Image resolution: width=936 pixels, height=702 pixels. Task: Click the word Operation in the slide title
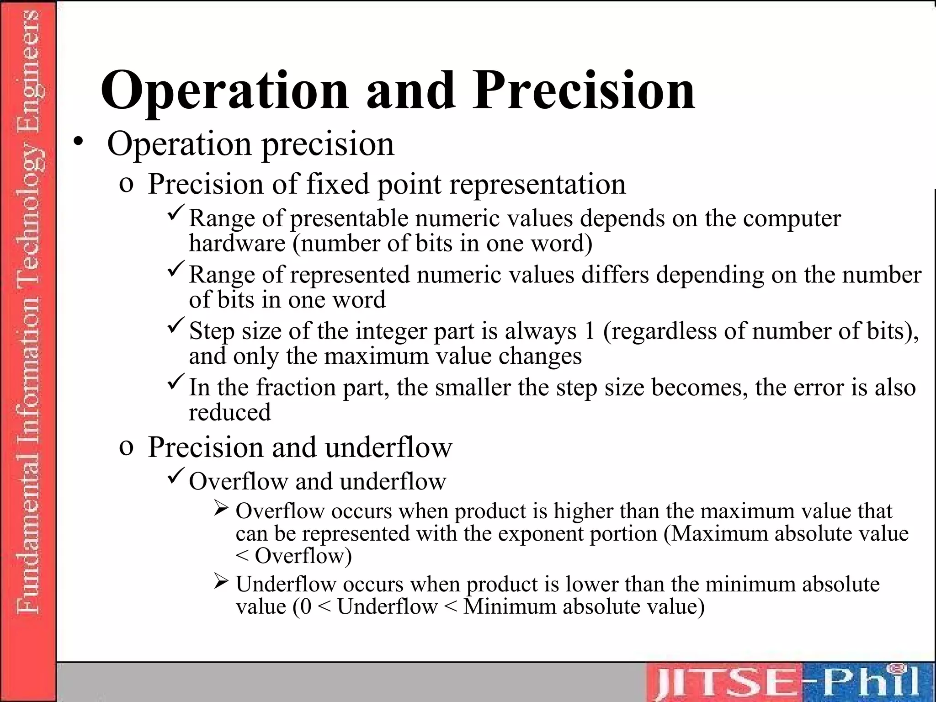point(224,91)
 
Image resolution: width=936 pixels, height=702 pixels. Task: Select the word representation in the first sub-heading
point(537,184)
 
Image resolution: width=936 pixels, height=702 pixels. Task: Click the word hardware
point(237,243)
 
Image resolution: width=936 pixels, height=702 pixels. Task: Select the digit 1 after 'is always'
point(589,331)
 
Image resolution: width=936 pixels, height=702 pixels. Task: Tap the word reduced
point(230,412)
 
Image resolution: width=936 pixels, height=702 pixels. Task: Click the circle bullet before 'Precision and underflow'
point(126,448)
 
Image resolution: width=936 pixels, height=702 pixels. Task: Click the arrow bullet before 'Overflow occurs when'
point(221,508)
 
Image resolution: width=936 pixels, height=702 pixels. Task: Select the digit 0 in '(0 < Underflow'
point(306,607)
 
